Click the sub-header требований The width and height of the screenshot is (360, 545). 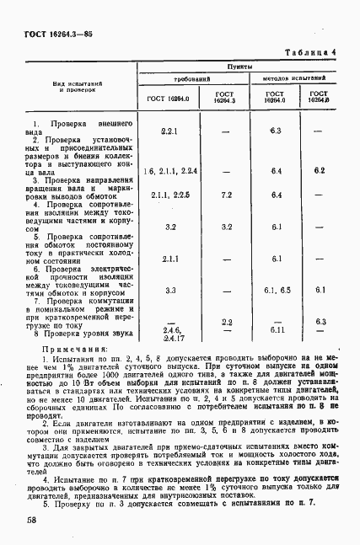click(x=191, y=77)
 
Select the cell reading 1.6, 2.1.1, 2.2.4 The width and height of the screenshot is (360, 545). click(x=169, y=172)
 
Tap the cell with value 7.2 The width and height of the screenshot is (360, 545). click(x=226, y=195)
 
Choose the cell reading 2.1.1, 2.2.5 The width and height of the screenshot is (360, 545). click(x=169, y=195)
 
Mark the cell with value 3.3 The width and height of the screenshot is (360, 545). click(x=169, y=291)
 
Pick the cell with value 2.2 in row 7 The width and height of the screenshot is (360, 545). click(x=226, y=322)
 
